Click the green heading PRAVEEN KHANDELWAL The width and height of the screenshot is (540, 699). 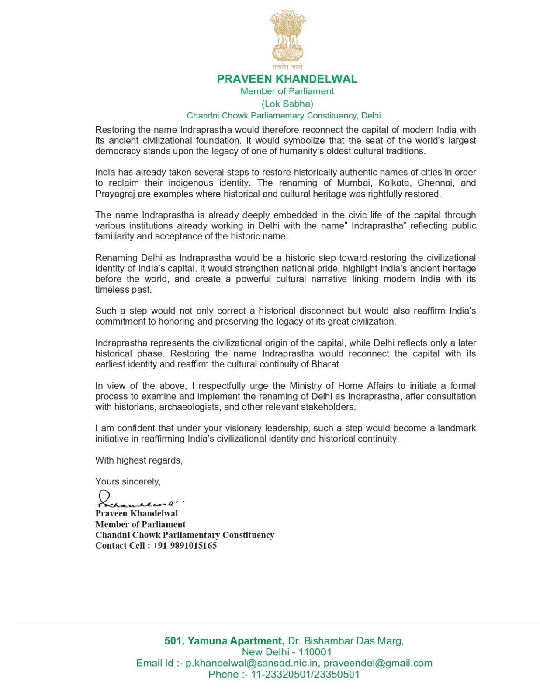287,79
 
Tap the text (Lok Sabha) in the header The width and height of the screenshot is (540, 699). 287,104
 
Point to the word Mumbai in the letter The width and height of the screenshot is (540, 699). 353,183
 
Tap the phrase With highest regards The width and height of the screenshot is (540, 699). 139,460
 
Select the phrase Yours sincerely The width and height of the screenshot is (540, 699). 128,481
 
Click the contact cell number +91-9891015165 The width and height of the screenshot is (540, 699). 184,546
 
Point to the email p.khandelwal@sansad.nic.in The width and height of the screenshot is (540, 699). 253,663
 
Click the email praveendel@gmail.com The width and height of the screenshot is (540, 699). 378,663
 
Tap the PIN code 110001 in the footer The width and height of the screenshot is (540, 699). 315,652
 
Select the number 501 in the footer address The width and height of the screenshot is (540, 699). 173,641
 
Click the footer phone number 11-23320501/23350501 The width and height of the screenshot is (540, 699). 305,675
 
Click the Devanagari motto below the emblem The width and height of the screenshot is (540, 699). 287,67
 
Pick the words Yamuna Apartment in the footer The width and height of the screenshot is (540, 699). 235,641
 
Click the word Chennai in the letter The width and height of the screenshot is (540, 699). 435,183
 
